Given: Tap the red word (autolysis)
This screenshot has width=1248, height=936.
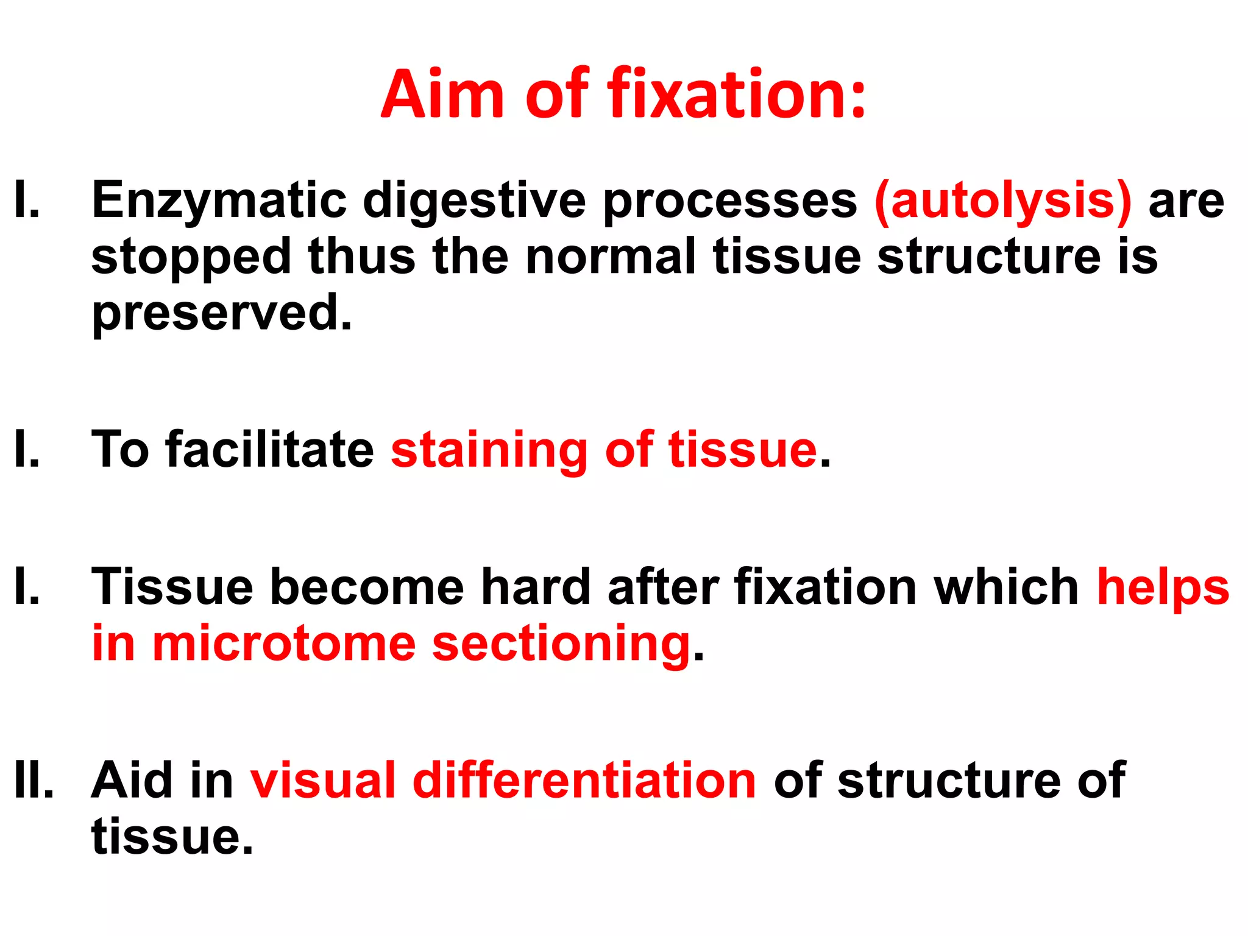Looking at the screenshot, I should (1003, 200).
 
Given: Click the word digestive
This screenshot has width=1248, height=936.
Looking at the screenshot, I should (473, 200).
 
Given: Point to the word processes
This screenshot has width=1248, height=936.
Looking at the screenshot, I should (729, 200).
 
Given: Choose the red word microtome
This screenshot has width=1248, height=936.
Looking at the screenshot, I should (284, 644).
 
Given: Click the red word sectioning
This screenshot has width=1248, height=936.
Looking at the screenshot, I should (561, 644).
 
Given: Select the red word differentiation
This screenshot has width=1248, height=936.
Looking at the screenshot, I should (584, 780).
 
